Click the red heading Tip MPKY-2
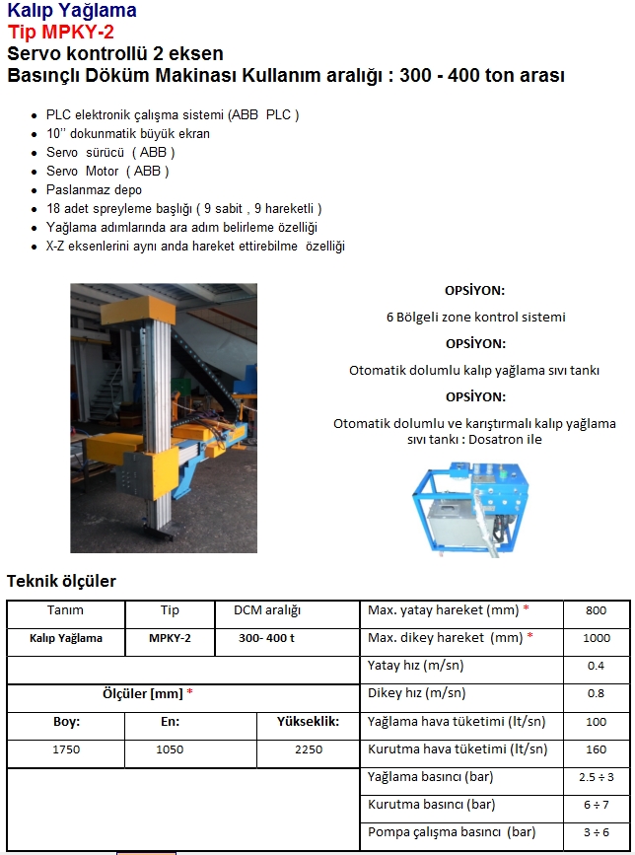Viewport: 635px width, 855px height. click(60, 32)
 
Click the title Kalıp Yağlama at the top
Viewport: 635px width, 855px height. click(72, 11)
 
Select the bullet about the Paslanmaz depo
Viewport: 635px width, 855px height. click(94, 189)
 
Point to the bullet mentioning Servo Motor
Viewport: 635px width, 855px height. click(107, 171)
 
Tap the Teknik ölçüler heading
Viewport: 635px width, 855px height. click(61, 581)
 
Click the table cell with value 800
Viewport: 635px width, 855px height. click(596, 610)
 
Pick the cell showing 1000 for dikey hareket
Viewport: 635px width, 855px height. click(596, 638)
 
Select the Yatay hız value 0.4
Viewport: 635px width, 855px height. click(596, 666)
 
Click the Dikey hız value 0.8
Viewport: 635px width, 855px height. click(596, 693)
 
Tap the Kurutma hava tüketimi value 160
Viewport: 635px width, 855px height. click(596, 748)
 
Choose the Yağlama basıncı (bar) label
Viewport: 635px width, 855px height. click(430, 777)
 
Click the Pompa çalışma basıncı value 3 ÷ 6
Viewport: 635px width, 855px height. click(596, 832)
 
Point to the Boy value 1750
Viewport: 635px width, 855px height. click(66, 749)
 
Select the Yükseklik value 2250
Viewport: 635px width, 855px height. click(308, 749)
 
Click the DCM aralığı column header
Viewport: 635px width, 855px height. click(266, 610)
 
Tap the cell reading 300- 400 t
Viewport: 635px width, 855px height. click(266, 638)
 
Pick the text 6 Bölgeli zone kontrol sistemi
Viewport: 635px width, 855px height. click(475, 318)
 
